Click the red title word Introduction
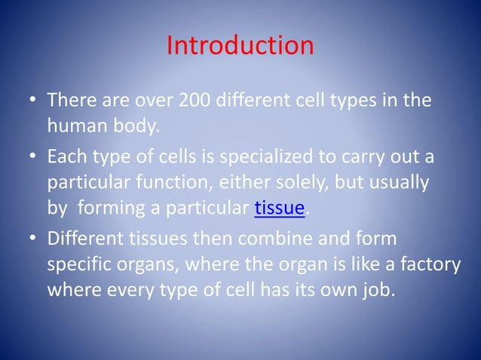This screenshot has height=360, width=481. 240,46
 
